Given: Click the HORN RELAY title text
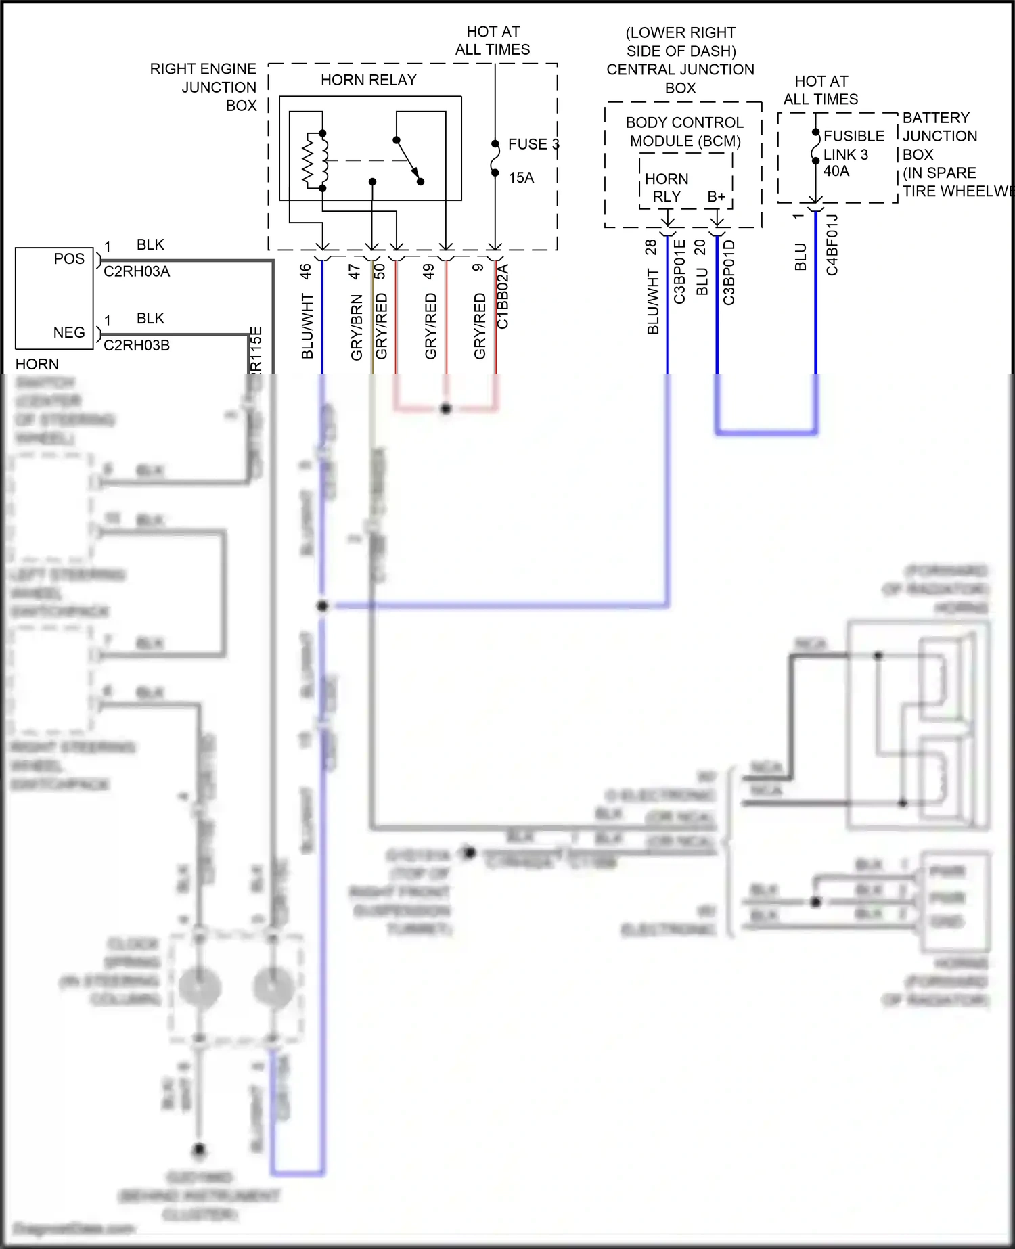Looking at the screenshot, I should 368,81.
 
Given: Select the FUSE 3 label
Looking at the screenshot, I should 533,144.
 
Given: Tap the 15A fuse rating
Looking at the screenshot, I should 521,178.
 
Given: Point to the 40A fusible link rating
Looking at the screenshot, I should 836,172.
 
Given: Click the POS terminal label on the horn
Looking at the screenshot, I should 69,259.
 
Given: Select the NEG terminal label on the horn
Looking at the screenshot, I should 69,333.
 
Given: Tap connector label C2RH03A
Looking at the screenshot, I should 137,272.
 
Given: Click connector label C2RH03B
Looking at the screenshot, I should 137,346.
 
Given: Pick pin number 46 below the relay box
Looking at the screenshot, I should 305,271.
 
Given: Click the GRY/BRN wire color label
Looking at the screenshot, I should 357,327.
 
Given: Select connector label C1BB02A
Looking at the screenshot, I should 503,296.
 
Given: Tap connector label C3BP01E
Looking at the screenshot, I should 680,272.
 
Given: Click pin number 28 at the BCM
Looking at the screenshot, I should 651,247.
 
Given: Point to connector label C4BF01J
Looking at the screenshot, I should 832,245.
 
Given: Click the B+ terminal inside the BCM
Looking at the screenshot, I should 716,197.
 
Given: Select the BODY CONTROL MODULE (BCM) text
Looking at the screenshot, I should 684,132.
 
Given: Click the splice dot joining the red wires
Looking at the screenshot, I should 445,409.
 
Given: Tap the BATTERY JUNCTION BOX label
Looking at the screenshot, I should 940,136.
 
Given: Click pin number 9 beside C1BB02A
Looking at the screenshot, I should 478,268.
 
